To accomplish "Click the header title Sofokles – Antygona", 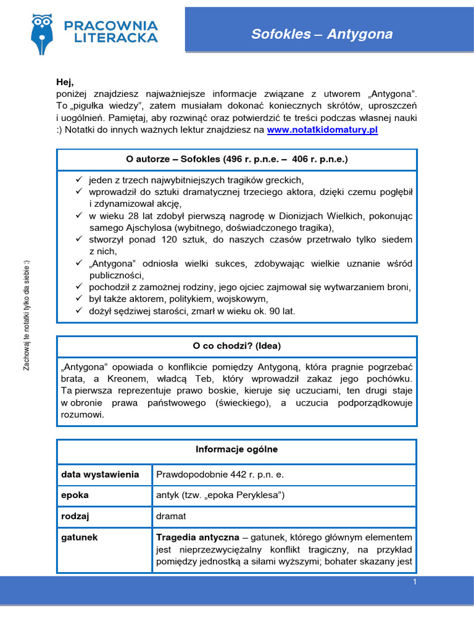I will (x=322, y=34).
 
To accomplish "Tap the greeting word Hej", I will (x=64, y=82).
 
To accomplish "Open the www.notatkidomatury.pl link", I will (x=322, y=130).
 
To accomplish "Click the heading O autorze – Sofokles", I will (x=237, y=159).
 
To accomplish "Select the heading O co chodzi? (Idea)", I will (x=237, y=345).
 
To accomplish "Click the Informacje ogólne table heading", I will (x=237, y=449).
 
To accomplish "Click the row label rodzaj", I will (x=75, y=516).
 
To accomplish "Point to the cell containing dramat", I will (x=171, y=516).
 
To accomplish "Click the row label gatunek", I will (x=79, y=537).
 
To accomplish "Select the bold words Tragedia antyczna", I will (x=195, y=537).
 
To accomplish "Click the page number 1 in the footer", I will (x=415, y=582).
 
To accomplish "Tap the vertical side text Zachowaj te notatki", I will (x=26, y=315).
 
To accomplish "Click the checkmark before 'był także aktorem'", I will (x=78, y=299).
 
